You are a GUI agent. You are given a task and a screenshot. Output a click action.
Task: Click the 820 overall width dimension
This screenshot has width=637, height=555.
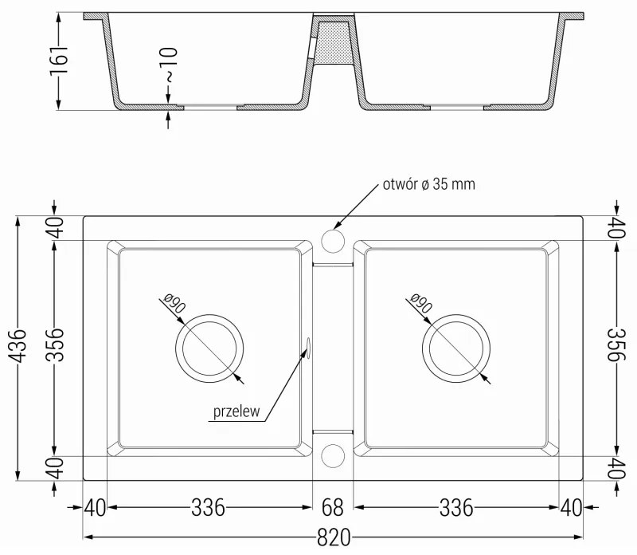(x=333, y=538)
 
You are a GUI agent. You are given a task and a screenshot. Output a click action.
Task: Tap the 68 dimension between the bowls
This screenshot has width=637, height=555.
(x=332, y=507)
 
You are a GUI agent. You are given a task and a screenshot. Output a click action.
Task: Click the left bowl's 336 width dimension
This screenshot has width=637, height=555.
(x=208, y=507)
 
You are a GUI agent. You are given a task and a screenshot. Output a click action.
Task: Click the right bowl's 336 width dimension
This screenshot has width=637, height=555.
(x=457, y=507)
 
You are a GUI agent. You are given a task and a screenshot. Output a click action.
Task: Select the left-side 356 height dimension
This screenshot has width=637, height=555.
(x=54, y=348)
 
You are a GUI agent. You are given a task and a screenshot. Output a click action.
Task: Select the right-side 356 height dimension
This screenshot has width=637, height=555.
(x=614, y=348)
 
